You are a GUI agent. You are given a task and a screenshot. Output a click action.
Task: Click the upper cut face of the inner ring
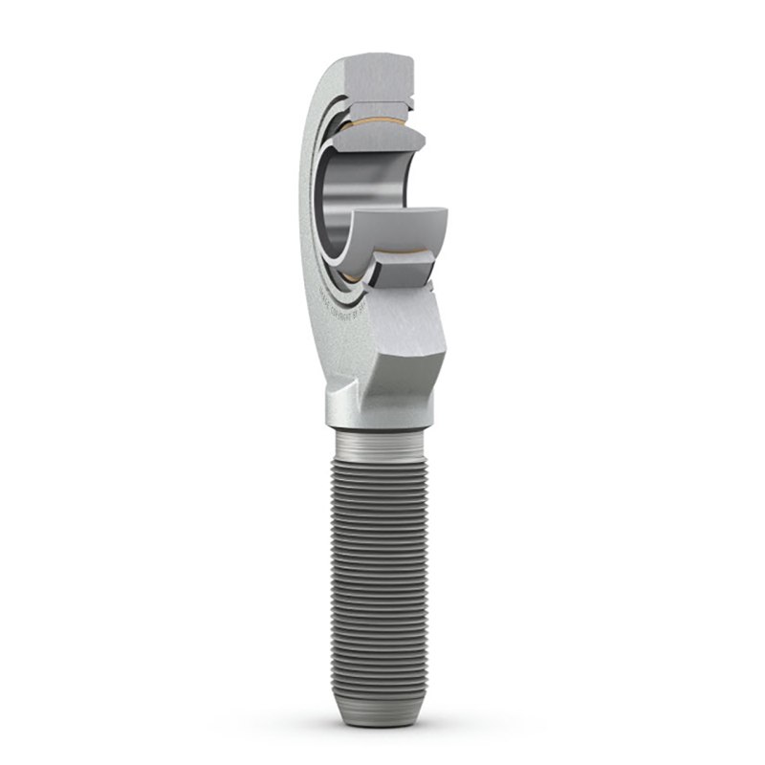pos(382,142)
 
